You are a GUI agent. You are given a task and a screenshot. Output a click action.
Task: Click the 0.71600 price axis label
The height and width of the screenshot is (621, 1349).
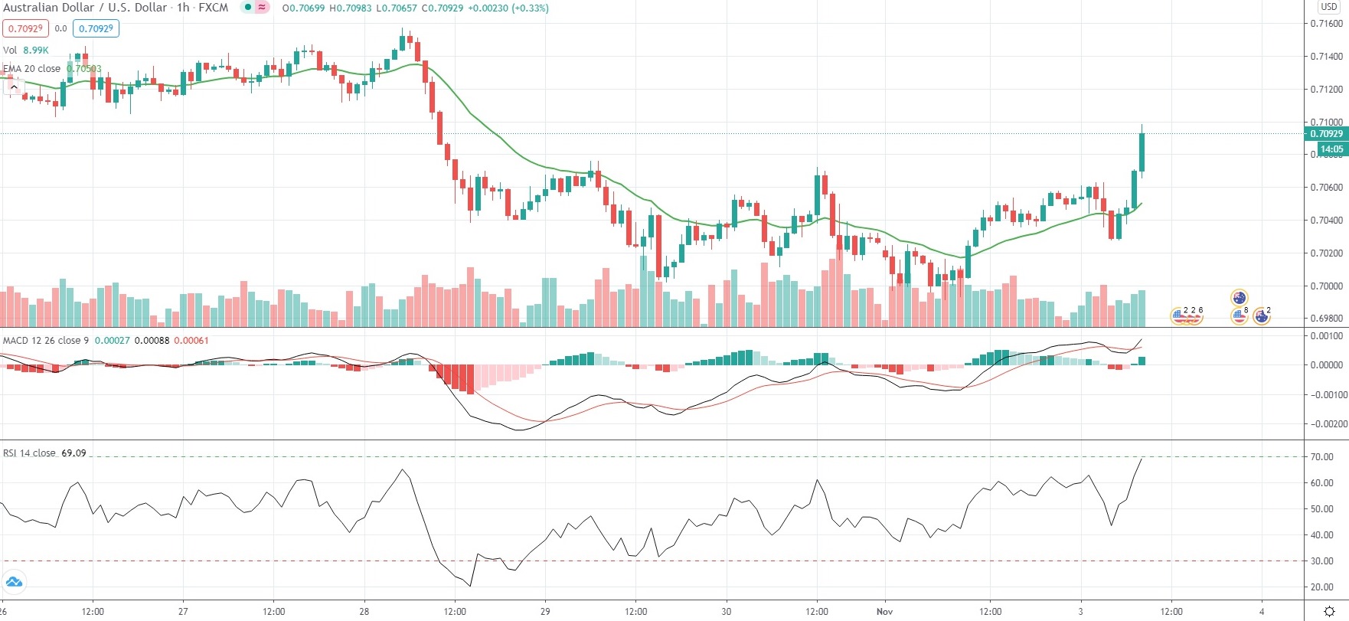coord(1326,24)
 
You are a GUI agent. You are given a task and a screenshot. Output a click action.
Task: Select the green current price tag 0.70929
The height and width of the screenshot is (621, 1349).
coord(1326,134)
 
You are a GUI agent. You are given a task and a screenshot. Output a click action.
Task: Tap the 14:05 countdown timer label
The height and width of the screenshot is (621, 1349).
coord(1331,149)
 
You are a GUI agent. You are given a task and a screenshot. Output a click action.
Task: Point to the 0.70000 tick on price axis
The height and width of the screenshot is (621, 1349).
coord(1326,286)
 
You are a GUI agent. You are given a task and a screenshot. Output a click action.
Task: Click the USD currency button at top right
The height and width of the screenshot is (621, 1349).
coord(1329,7)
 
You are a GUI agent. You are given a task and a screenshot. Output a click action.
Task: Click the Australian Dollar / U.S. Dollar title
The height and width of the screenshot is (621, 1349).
coord(85,8)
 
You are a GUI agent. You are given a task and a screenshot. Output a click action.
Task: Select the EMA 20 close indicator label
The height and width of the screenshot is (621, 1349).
coord(32,69)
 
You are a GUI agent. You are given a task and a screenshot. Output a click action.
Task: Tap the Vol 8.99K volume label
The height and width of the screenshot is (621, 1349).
coord(26,51)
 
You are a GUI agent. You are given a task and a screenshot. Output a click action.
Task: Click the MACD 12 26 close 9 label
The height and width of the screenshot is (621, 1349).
coord(46,341)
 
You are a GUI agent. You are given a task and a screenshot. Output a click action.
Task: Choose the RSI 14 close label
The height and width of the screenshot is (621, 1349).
coord(29,453)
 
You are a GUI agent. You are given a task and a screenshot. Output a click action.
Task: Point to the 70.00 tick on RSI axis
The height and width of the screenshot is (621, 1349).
coord(1321,457)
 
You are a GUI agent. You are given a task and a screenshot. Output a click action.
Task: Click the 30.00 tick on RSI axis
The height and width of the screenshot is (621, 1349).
coord(1321,561)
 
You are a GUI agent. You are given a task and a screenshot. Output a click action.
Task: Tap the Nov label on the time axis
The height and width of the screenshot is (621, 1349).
coord(884,612)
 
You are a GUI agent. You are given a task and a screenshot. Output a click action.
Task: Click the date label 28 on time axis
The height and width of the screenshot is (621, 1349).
coord(364,612)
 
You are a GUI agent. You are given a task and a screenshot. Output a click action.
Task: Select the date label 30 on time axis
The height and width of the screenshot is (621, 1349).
coord(726,612)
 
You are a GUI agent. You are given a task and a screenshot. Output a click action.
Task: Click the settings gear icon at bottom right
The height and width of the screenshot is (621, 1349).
coord(1329,611)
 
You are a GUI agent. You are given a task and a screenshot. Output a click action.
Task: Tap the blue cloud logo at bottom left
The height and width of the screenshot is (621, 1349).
coord(14,583)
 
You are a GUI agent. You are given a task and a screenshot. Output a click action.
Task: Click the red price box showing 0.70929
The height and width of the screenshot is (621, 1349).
coord(25,29)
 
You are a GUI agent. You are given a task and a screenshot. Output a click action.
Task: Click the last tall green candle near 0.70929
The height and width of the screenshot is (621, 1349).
coord(1142,152)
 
